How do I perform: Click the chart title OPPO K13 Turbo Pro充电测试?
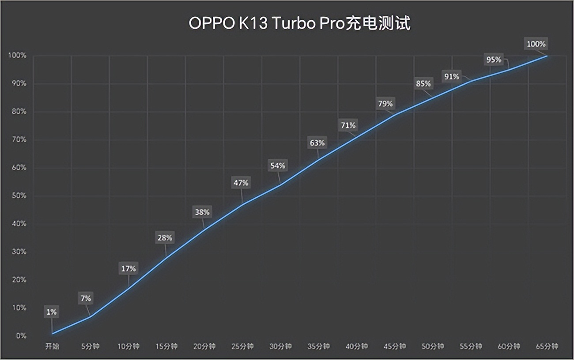click(x=299, y=23)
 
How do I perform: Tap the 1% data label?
click(x=52, y=312)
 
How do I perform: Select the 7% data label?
click(x=86, y=299)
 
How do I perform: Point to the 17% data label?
click(x=128, y=268)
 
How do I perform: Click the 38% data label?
click(x=202, y=212)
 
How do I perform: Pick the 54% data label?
click(x=277, y=166)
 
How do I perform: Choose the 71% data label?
click(x=348, y=125)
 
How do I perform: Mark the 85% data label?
click(x=423, y=83)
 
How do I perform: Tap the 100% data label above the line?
click(x=536, y=44)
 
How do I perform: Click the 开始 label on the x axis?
click(x=52, y=347)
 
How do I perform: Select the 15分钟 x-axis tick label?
click(x=166, y=347)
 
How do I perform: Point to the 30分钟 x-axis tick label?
click(x=280, y=347)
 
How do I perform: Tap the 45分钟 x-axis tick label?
click(x=394, y=347)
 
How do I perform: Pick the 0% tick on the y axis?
click(x=21, y=336)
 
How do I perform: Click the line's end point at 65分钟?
click(x=548, y=56)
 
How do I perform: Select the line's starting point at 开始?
click(x=52, y=334)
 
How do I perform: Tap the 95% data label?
click(x=494, y=60)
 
